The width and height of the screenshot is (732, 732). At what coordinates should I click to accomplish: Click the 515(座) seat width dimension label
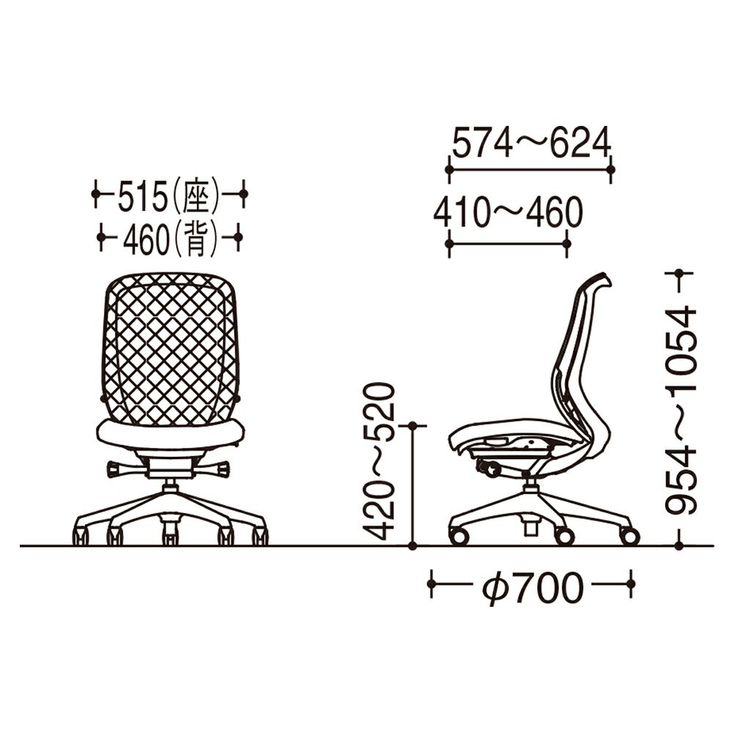168,195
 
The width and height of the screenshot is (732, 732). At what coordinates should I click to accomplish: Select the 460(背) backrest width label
170,238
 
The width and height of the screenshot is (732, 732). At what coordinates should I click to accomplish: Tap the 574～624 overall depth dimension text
531,143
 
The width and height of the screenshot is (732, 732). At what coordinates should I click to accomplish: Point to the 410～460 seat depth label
508,212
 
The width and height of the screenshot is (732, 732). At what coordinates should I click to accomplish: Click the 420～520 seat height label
379,461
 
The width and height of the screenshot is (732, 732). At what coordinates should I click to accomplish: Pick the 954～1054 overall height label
681,411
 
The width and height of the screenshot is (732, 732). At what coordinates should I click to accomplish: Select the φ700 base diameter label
533,586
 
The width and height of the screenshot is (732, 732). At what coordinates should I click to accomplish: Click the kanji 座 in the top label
196,195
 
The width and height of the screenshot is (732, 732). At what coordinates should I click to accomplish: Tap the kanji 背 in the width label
195,238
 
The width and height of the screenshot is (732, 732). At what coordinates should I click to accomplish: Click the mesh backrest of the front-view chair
170,348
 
